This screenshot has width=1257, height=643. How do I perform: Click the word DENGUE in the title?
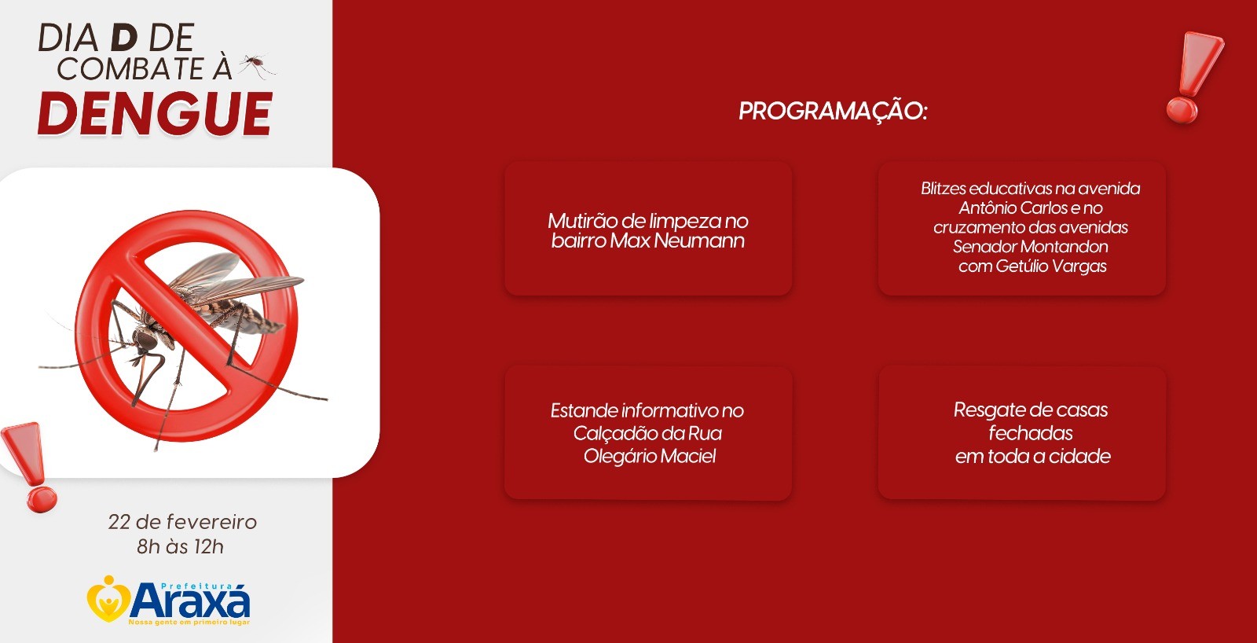(x=156, y=113)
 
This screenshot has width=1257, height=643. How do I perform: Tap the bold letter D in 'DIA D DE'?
(x=124, y=38)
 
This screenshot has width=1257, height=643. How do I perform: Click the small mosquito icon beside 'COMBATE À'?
(x=257, y=66)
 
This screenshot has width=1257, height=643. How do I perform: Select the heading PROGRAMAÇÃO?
(x=833, y=111)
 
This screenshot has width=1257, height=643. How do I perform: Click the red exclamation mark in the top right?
(x=1192, y=78)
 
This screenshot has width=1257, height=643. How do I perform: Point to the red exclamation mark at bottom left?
(x=32, y=467)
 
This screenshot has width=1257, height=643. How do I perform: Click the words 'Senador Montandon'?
(x=1030, y=247)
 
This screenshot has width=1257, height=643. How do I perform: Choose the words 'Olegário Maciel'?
(x=649, y=456)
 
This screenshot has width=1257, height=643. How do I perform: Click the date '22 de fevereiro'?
(x=182, y=522)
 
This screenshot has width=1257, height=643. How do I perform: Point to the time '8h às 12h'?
(x=180, y=546)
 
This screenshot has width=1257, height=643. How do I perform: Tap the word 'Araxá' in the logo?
(x=191, y=601)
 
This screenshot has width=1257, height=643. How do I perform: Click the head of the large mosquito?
(x=142, y=340)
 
